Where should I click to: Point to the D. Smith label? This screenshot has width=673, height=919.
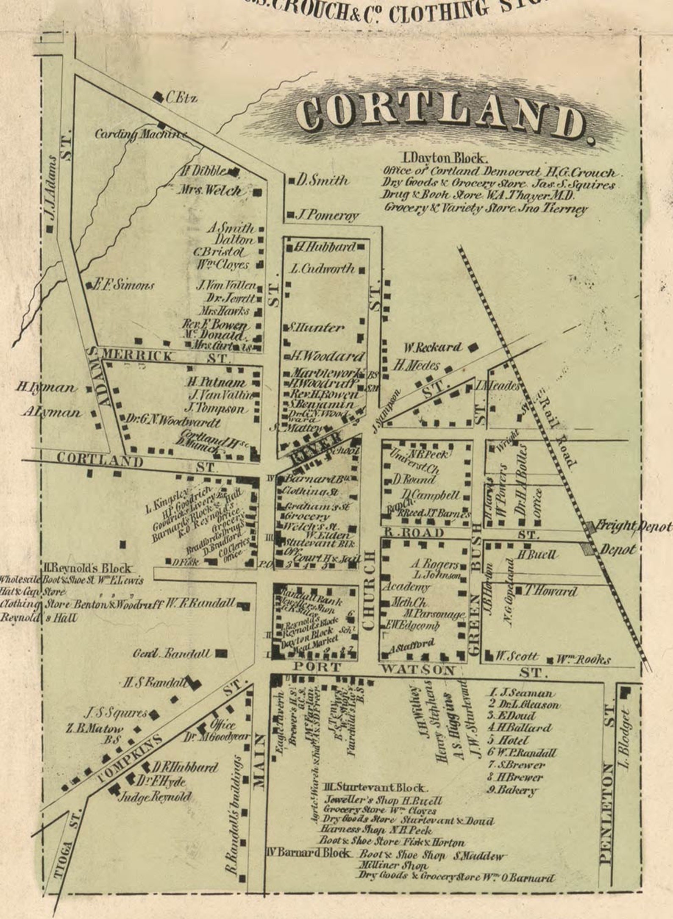[322, 181]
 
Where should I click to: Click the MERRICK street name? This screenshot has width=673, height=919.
[138, 356]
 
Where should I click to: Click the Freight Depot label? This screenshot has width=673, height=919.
[634, 527]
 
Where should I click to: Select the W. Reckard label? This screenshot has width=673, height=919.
[432, 348]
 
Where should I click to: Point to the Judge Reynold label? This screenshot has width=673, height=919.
[155, 797]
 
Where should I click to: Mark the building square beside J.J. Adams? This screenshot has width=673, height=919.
[50, 229]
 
